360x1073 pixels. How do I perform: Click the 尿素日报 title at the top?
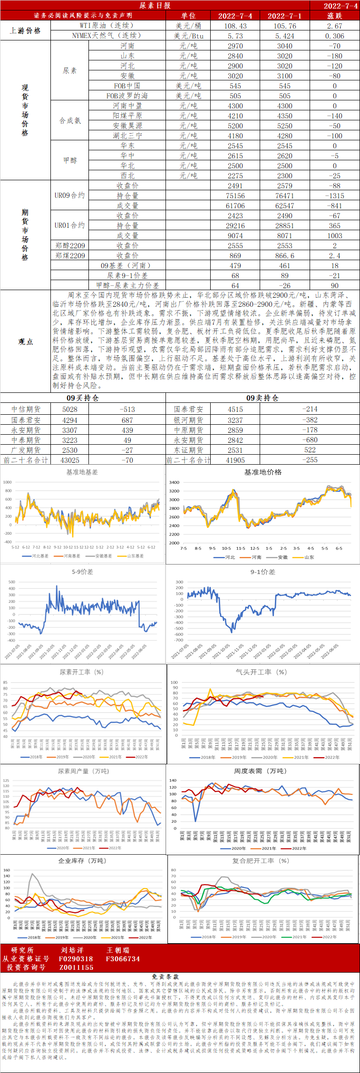click(x=155, y=5)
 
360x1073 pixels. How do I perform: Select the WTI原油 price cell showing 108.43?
click(x=235, y=26)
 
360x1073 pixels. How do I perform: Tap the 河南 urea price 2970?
click(x=235, y=46)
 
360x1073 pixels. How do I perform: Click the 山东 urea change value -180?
click(x=334, y=56)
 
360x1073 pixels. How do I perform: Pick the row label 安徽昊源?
click(x=127, y=126)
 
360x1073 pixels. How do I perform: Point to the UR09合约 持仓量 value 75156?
click(x=235, y=195)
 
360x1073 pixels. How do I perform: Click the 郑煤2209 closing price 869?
click(x=235, y=255)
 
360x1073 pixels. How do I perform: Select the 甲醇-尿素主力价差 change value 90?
click(x=334, y=285)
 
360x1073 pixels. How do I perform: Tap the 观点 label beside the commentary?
click(x=25, y=341)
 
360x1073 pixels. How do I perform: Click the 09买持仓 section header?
click(x=83, y=398)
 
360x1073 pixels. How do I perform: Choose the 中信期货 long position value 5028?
click(x=70, y=409)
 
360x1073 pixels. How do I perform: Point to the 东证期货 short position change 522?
click(x=310, y=449)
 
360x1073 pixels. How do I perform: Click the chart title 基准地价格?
click(x=263, y=472)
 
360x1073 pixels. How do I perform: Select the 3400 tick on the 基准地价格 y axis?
click(x=174, y=482)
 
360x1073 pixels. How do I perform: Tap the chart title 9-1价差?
click(x=263, y=572)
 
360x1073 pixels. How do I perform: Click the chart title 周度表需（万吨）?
click(x=260, y=771)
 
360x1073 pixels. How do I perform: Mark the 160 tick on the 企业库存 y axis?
click(x=7, y=870)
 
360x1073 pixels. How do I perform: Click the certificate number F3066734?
click(x=123, y=959)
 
